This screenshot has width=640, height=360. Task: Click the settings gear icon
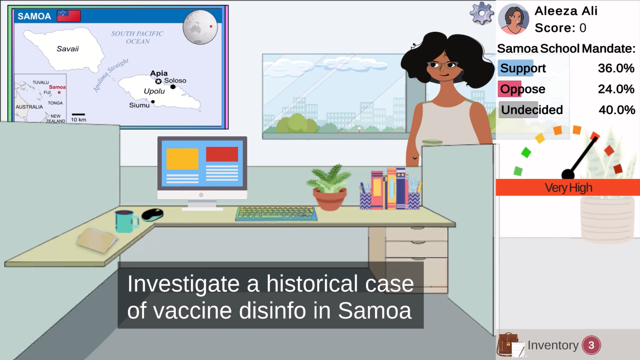point(482,13)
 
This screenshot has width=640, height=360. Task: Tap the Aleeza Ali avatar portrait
point(513,19)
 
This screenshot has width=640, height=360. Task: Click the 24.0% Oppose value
point(616,89)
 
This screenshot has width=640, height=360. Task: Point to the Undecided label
point(532,110)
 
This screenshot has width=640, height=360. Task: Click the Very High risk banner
point(568,188)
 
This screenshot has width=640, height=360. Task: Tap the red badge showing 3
point(591,345)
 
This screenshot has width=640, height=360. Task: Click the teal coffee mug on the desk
point(126,221)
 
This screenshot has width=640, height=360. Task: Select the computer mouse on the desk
point(153,215)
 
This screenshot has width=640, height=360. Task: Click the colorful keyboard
point(276,214)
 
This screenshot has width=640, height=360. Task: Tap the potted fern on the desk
point(329,188)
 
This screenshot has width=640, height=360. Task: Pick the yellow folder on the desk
point(97,240)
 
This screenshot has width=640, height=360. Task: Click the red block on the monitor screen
point(222,154)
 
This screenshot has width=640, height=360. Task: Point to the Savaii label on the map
point(68,49)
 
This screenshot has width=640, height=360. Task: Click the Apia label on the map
point(159,73)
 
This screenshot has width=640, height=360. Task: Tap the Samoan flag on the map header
point(69,16)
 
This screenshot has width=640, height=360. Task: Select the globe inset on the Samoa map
point(200,27)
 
